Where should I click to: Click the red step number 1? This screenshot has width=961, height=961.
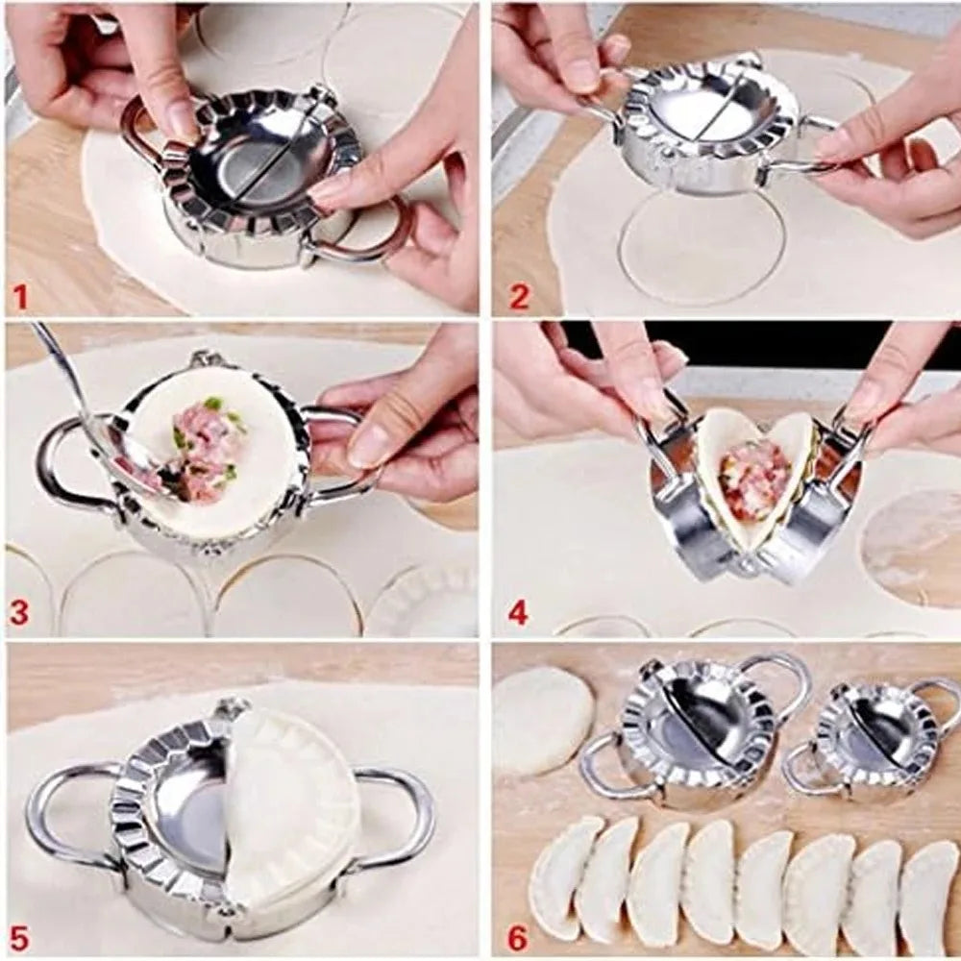(x=20, y=297)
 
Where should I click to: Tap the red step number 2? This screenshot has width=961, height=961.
(x=519, y=297)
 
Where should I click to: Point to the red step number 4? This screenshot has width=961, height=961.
(x=519, y=612)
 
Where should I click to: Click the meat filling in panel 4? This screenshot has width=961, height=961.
(x=754, y=476)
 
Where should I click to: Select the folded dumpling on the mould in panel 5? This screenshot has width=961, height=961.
(x=288, y=807)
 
